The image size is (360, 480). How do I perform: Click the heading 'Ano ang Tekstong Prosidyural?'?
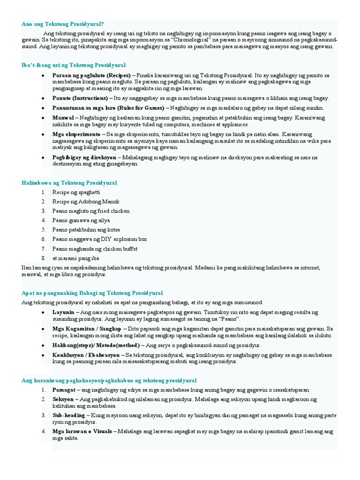click(x=63, y=23)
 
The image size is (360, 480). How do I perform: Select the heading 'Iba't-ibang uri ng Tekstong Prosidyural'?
click(x=74, y=65)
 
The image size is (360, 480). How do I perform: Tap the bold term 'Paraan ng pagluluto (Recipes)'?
click(x=91, y=75)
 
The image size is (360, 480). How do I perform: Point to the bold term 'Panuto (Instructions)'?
click(x=80, y=98)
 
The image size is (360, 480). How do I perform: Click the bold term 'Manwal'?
click(x=63, y=117)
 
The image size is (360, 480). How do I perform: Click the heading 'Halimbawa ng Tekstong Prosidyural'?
click(x=69, y=182)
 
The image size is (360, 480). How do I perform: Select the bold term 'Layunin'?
click(x=63, y=312)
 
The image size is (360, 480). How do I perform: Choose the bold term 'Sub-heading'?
click(x=68, y=415)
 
